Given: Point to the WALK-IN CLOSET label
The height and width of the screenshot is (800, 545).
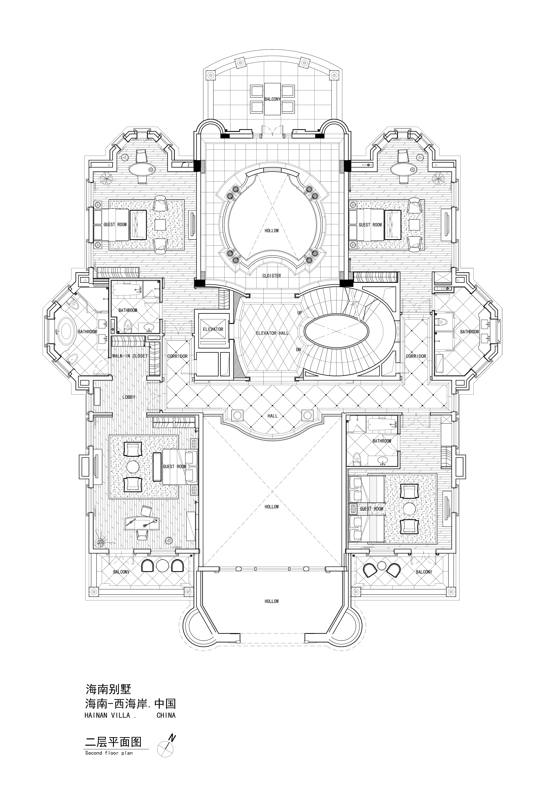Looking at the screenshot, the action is (130, 356).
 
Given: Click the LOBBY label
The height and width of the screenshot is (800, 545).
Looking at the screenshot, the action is (129, 397).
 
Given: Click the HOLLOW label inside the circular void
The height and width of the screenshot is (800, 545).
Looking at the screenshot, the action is (272, 231).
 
